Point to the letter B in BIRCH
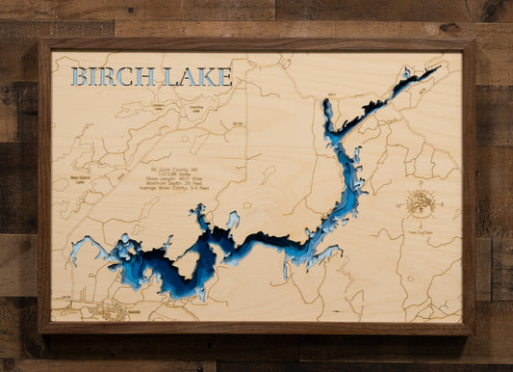point(80,76)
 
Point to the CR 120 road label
point(236,123)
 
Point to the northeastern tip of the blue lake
point(434,68)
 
